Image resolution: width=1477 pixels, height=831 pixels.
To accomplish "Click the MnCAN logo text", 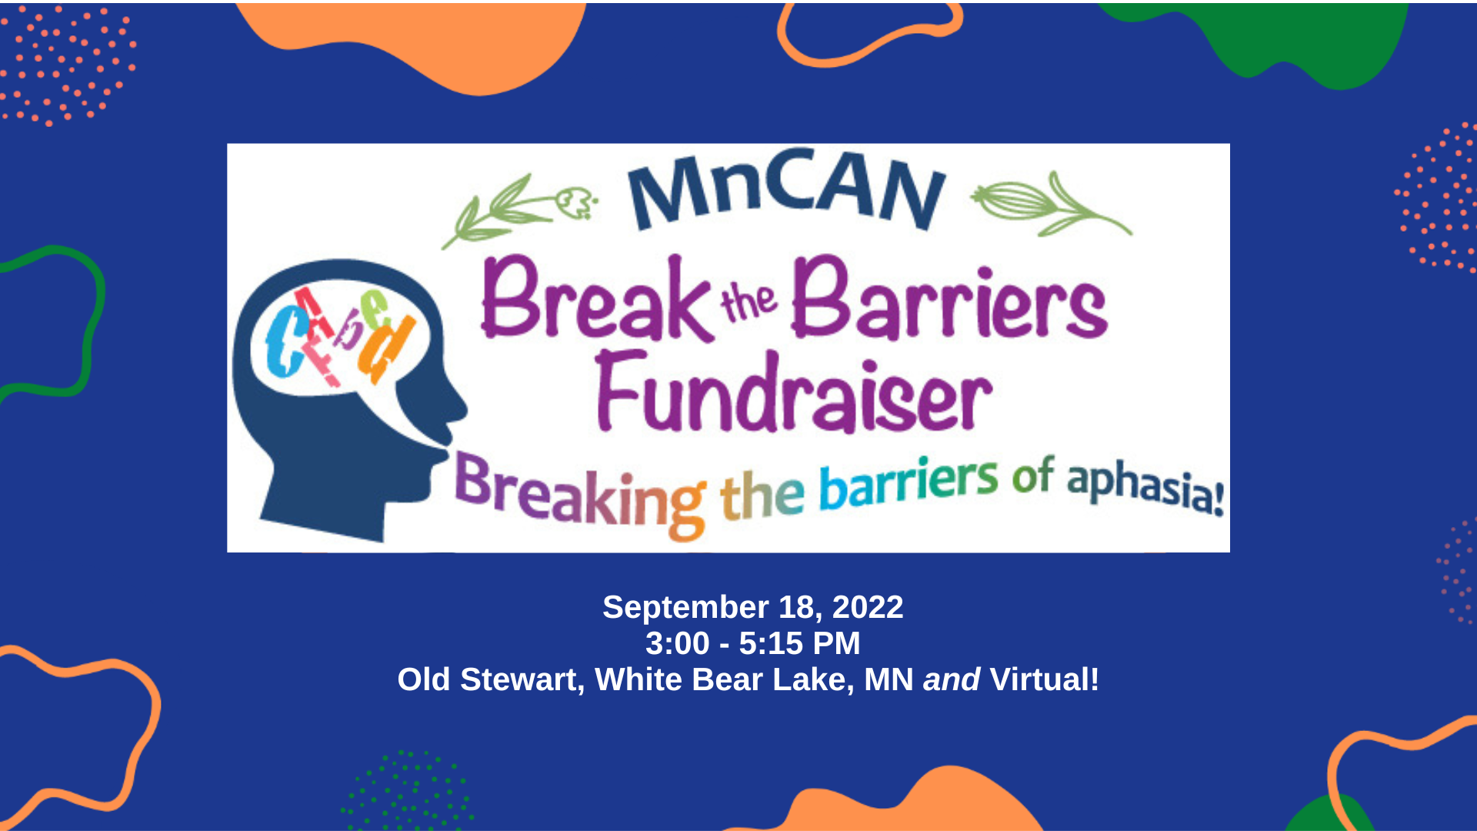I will [x=786, y=189].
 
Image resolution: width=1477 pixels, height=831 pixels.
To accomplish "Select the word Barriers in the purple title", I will [x=949, y=302].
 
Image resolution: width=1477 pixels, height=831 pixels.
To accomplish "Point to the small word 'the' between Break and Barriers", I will [x=749, y=302].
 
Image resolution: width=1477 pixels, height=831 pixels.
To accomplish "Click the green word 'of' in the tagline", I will [x=1032, y=477].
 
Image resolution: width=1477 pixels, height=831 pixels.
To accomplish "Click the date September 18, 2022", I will [x=752, y=607].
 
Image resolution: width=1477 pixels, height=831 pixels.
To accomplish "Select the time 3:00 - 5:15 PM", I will [x=752, y=643].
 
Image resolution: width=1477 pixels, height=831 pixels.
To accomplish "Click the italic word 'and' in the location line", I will [x=952, y=680].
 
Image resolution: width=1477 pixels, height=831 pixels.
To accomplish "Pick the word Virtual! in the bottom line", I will [x=1045, y=680].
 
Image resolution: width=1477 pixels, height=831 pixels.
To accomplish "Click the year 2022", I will [x=868, y=607].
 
